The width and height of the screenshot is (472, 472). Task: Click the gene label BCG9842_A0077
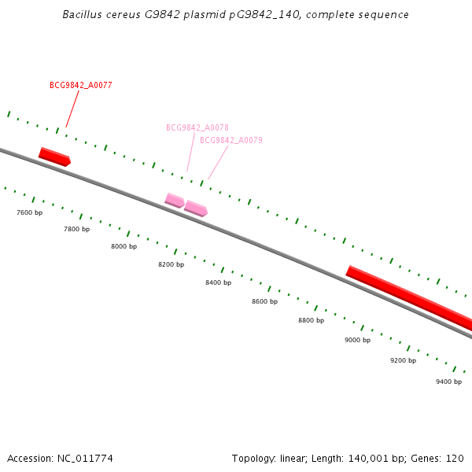[81, 85]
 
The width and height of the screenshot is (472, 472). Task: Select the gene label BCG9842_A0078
[197, 127]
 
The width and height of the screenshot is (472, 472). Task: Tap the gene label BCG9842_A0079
[231, 140]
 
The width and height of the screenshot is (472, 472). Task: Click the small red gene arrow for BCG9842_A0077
[55, 156]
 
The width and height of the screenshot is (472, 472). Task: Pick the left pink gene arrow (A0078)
[175, 200]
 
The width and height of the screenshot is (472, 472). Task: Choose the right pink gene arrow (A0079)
[196, 208]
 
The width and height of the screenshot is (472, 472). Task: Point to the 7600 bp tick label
[30, 212]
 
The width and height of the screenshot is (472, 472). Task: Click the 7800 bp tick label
[77, 229]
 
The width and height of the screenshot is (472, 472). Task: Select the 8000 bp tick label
[124, 246]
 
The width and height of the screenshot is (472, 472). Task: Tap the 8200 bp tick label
[171, 264]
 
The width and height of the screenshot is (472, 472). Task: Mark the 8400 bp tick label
[219, 282]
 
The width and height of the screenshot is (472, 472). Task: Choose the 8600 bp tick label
[265, 301]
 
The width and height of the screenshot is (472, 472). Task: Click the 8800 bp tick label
[312, 320]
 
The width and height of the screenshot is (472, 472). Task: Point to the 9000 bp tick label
[358, 340]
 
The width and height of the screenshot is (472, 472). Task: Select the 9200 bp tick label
[404, 360]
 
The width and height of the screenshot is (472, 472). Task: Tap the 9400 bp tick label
[449, 382]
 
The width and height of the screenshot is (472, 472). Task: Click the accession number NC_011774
[85, 458]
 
